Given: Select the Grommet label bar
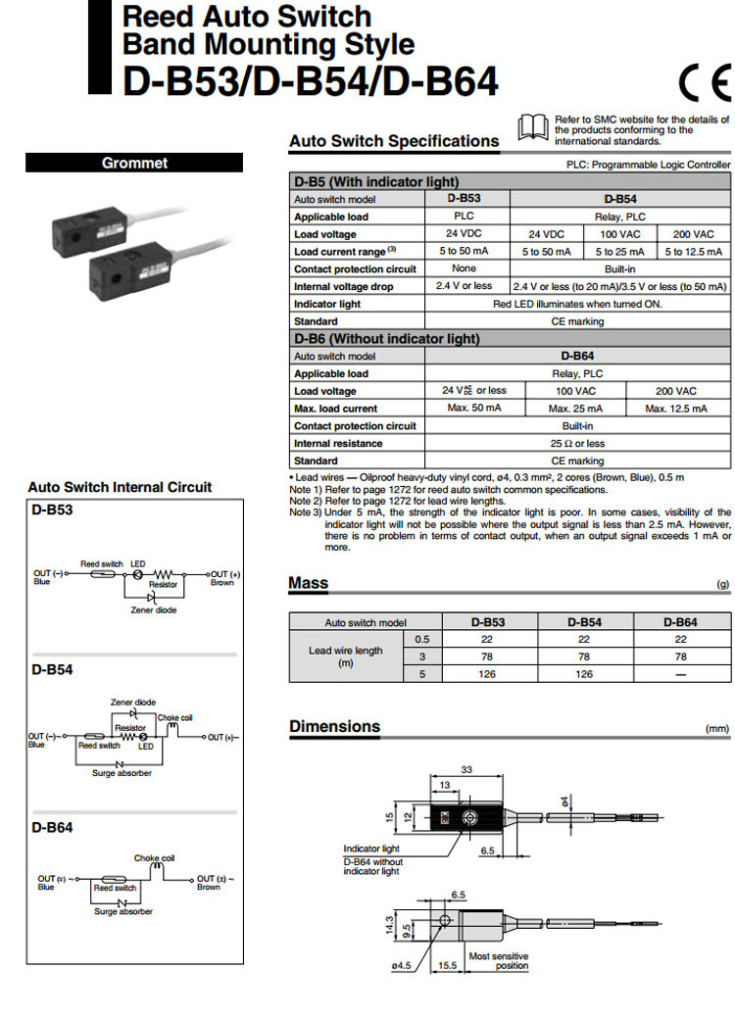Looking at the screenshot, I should [135, 164].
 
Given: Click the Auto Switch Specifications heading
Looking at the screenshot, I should [394, 141].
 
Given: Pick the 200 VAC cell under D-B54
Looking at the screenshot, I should [693, 234].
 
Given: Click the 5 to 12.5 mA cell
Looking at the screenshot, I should [693, 252].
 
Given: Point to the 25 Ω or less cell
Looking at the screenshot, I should [577, 443].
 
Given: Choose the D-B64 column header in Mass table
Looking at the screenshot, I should [680, 622].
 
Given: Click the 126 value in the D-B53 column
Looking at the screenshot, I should [487, 674].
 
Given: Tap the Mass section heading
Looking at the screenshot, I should [309, 584].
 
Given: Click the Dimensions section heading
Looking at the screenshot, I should [334, 727].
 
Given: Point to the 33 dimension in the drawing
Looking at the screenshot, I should [467, 770].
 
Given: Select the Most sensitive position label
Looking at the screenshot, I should [498, 961].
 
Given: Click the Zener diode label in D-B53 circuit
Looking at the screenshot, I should [154, 609].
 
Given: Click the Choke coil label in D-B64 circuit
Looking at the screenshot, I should [153, 857].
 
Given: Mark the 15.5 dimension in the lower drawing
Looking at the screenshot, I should [447, 965].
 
